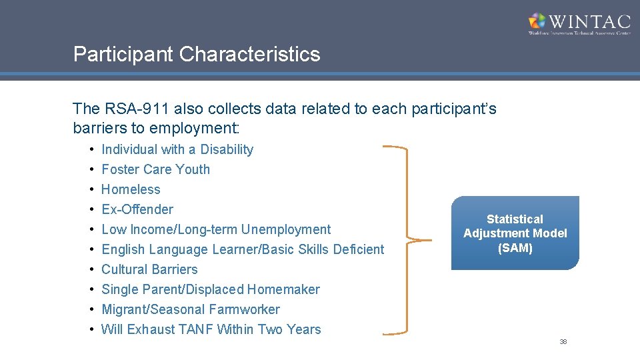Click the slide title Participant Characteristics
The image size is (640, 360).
[x=197, y=54]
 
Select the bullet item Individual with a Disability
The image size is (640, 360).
[x=177, y=149]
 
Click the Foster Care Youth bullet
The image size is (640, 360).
[x=155, y=169]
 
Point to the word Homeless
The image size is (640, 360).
[x=131, y=189]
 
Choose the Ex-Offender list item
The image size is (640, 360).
[x=137, y=209]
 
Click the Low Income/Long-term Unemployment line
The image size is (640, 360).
[x=215, y=229]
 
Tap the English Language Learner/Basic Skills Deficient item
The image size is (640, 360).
[x=243, y=249]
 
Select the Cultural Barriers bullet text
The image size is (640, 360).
[x=149, y=269]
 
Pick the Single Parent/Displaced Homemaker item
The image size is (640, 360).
[x=210, y=289]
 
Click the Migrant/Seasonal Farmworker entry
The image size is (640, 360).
[x=190, y=309]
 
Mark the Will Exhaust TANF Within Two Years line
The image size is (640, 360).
[x=211, y=329]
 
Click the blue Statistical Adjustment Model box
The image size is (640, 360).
[x=515, y=233]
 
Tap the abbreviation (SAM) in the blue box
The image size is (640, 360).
[x=515, y=247]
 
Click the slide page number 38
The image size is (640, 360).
[x=563, y=342]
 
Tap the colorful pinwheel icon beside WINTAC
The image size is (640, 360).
[x=537, y=21]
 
